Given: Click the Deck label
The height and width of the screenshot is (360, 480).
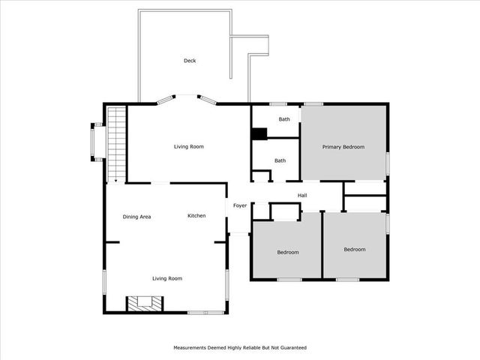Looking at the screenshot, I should click(190, 61).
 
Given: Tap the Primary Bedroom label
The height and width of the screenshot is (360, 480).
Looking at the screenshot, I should click(343, 147).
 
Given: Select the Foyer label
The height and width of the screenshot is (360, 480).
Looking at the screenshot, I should click(240, 205).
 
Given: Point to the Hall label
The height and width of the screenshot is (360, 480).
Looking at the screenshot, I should click(302, 196).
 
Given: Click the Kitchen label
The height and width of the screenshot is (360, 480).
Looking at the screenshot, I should click(196, 216).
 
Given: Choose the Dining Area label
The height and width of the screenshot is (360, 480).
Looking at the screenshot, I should click(137, 217).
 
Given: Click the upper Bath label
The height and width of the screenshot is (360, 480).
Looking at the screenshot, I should click(284, 119).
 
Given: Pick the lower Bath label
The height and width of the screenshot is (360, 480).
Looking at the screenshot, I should click(280, 160).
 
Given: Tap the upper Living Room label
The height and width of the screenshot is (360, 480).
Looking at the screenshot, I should click(189, 146).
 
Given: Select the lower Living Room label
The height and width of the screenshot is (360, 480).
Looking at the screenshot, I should click(167, 278).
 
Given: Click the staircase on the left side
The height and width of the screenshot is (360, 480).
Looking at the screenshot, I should click(115, 142).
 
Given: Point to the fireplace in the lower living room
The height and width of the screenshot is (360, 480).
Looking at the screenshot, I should click(142, 302).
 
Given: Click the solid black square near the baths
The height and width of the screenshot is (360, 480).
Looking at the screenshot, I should click(259, 134).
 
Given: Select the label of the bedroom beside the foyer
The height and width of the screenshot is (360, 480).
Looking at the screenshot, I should click(287, 252).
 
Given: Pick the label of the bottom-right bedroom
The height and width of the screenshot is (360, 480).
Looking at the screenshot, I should click(355, 249).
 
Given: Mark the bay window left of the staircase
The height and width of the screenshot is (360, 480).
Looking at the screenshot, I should click(96, 141).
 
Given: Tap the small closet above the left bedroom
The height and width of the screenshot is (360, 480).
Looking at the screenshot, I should click(283, 212).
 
